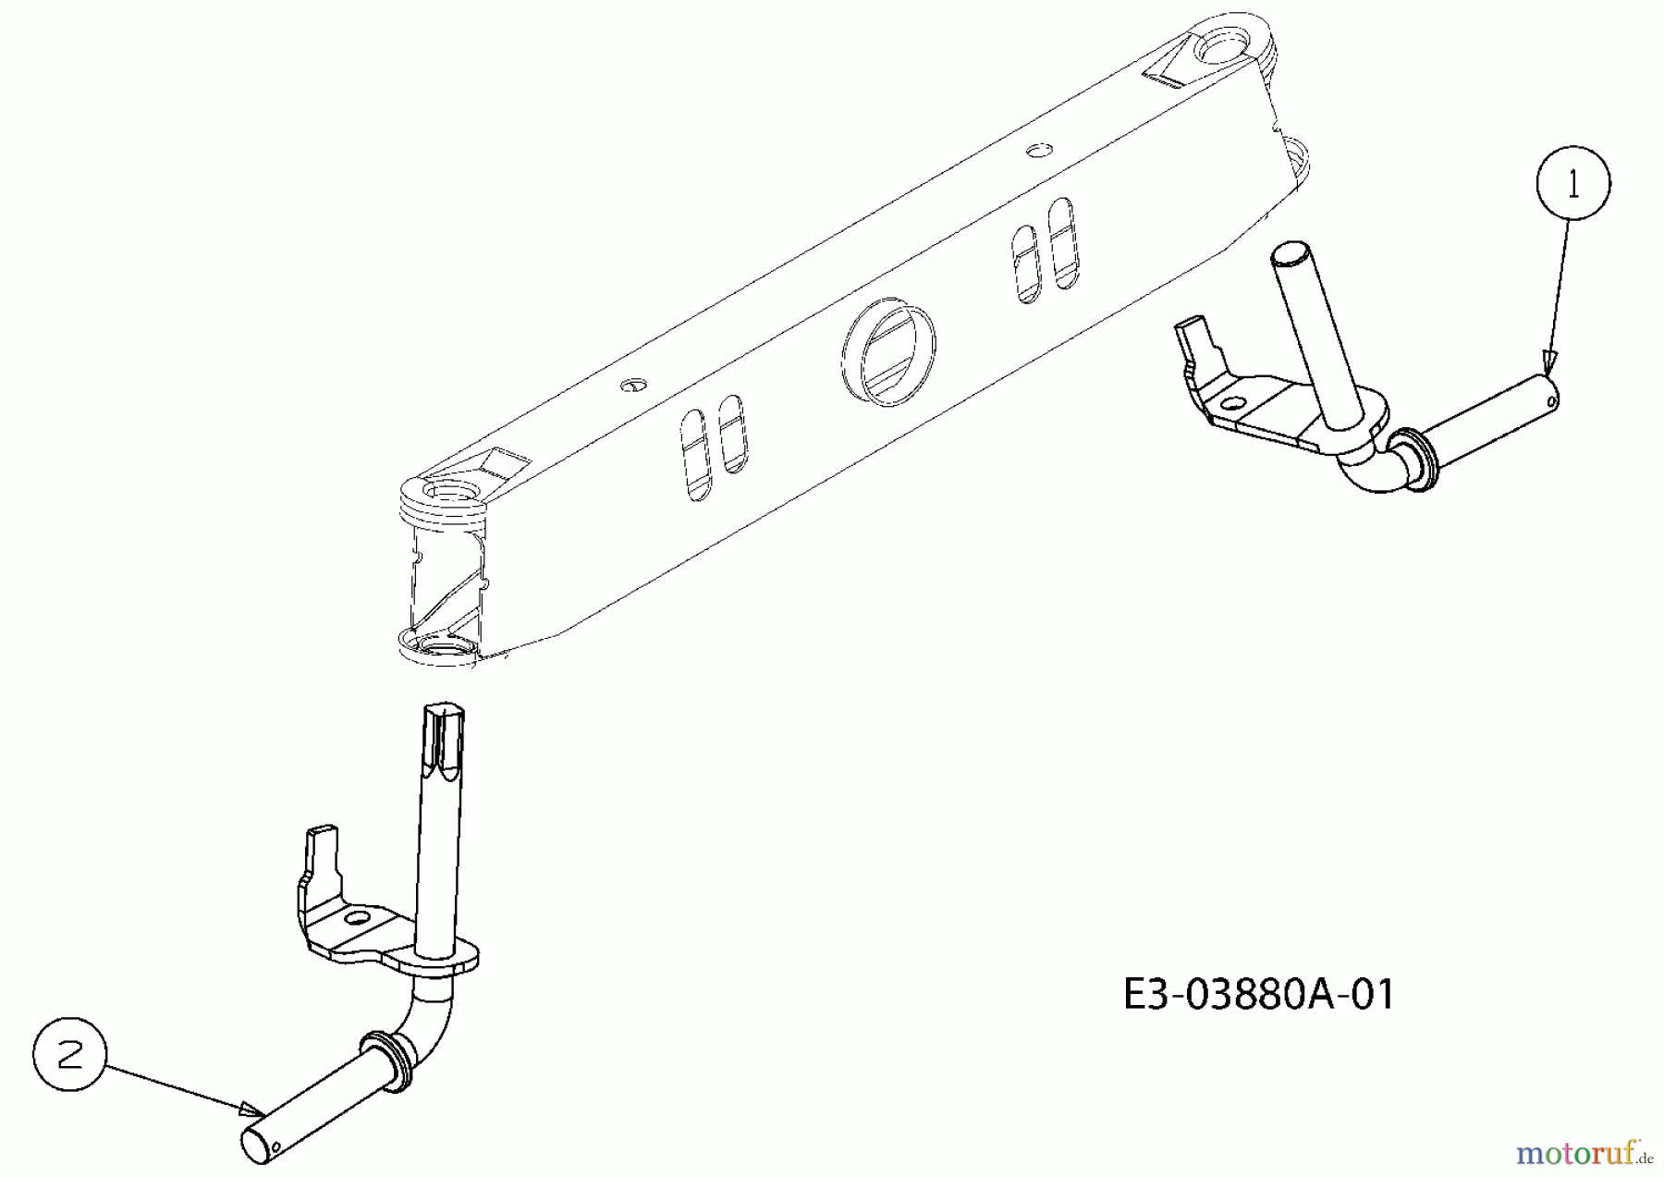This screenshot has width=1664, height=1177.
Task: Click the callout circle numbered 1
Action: [x=1572, y=183]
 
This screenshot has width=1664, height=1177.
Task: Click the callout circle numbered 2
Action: [x=69, y=1055]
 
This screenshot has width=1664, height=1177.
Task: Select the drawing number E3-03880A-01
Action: [x=1258, y=995]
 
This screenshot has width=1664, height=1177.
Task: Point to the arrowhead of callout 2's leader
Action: [x=251, y=1109]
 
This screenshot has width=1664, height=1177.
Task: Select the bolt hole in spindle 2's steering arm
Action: [x=355, y=919]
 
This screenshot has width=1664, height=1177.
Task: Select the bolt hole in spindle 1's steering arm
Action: [x=1231, y=403]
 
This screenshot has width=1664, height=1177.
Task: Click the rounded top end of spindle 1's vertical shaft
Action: [x=1288, y=254]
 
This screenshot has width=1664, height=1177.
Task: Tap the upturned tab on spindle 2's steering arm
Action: [x=321, y=851]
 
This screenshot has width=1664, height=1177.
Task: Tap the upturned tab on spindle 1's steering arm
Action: [x=1196, y=342]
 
